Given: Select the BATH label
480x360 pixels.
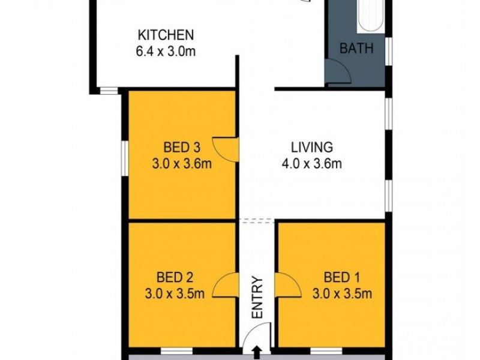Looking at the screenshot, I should [x=356, y=49].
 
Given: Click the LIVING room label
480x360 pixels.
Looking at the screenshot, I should [x=312, y=147].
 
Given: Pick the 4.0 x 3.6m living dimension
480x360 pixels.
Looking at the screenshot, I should [x=312, y=163].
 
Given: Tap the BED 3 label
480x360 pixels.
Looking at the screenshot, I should [x=181, y=147].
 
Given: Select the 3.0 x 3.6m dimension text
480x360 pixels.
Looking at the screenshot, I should [x=181, y=163].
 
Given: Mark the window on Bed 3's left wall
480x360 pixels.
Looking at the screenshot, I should [x=124, y=159].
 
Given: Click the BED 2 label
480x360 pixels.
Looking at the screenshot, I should [x=175, y=277].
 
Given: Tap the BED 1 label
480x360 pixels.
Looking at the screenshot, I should [x=341, y=277].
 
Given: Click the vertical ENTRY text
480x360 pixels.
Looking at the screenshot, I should [x=257, y=297].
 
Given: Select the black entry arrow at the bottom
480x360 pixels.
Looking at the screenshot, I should [x=257, y=352].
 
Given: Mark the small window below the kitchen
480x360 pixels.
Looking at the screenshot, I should [x=109, y=91].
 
